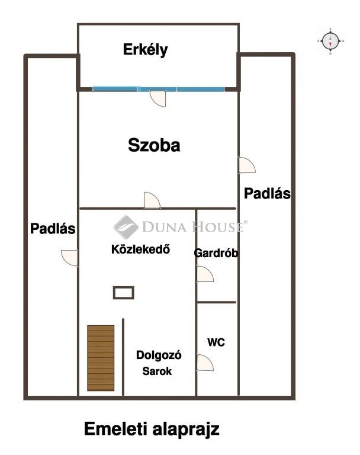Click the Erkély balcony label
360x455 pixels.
[145, 50]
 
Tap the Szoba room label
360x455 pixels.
[154, 145]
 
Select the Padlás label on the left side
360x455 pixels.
[53, 229]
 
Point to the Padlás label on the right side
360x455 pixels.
[267, 194]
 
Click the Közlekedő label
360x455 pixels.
[141, 249]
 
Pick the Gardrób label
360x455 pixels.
[216, 253]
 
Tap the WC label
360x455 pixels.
[216, 342]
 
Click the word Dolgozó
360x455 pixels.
[159, 355]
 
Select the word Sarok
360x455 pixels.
[157, 371]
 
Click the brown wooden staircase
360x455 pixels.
[101, 358]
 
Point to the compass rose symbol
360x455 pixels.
[330, 41]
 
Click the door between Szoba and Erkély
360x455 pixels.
[158, 98]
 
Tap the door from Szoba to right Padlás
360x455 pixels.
[247, 165]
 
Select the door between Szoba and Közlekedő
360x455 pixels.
[152, 200]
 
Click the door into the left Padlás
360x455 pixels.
[70, 258]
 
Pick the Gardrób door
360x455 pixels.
[205, 274]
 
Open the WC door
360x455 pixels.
[205, 363]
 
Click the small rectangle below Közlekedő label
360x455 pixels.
[124, 293]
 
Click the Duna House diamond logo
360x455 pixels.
[126, 227]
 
